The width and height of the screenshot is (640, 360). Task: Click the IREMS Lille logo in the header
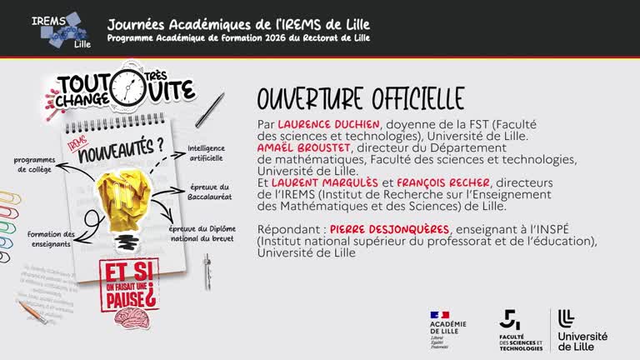(58, 28)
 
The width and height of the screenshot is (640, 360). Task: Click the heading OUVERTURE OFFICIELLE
(360, 98)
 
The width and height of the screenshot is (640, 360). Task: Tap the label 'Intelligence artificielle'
(206, 152)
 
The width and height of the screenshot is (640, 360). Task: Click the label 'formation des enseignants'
(51, 239)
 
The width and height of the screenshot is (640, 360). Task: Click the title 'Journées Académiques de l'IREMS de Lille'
(238, 22)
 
